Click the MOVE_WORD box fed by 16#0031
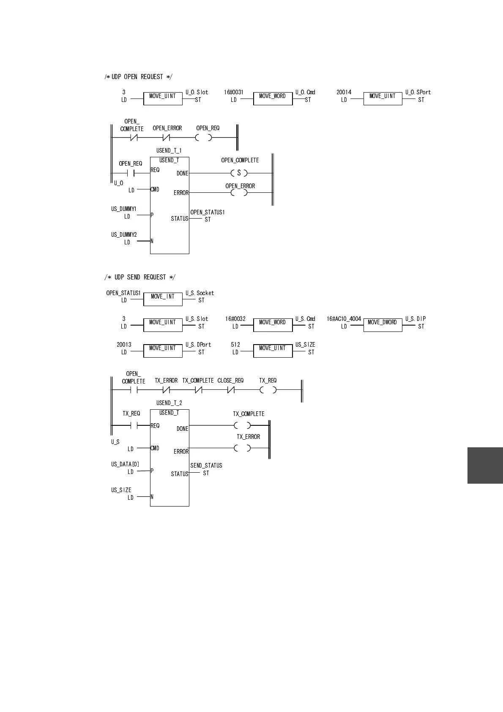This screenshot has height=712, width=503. click(x=273, y=99)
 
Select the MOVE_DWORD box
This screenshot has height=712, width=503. click(x=383, y=325)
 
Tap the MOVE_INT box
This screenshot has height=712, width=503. click(x=163, y=299)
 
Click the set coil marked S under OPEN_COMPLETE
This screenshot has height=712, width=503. click(x=239, y=173)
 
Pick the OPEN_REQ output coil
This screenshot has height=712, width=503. click(x=204, y=137)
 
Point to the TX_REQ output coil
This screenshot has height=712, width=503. click(x=268, y=390)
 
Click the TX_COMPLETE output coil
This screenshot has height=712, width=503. click(x=242, y=425)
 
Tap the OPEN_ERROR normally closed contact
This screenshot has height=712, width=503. click(x=166, y=137)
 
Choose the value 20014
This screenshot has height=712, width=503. click(x=344, y=92)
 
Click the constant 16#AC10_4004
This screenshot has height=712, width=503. click(x=344, y=319)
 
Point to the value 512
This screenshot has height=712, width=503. click(x=235, y=345)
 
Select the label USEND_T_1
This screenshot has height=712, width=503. click(x=169, y=151)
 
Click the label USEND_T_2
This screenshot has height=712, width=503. click(x=169, y=403)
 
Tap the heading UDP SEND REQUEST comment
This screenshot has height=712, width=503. click(x=140, y=277)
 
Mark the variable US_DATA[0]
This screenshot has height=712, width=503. click(x=125, y=464)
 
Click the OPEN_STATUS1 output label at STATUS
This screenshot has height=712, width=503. click(x=207, y=212)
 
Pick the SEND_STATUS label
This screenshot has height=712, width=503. click(x=206, y=466)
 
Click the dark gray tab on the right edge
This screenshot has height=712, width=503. click(x=485, y=465)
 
